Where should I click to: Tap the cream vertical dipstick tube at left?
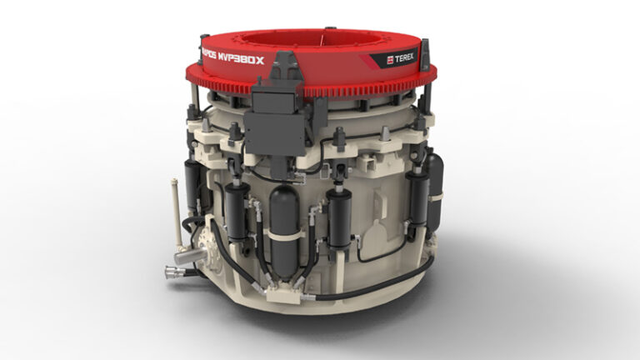(176, 208)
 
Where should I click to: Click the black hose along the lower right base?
(392, 280)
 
